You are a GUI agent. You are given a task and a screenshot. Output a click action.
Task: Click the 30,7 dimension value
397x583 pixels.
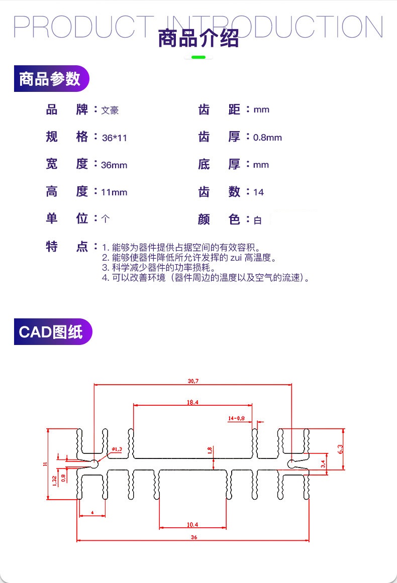pos(193,381)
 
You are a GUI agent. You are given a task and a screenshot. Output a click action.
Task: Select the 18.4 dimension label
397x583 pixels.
pos(192,402)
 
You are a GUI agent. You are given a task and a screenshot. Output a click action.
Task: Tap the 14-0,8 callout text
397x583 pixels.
pos(236,418)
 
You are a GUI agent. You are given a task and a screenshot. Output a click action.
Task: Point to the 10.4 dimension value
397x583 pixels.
pos(192,525)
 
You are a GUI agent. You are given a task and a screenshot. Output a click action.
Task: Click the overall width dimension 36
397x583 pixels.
pos(194,537)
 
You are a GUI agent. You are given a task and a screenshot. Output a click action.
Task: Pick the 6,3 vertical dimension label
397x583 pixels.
pos(340,448)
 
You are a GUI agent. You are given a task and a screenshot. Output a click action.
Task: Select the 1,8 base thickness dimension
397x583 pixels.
pos(210,450)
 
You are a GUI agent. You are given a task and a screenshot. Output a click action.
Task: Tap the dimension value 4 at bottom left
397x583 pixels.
pos(92,513)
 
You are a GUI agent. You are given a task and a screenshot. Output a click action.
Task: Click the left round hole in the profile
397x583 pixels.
pos(94,463)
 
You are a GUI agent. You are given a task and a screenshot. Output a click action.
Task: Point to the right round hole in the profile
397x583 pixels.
pos(291,463)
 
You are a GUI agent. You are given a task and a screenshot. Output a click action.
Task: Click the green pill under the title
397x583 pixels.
pos(198,57)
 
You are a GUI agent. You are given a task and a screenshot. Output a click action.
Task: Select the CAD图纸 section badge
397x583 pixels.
pos(52,332)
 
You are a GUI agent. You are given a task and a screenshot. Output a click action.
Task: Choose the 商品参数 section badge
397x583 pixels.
pos(50,79)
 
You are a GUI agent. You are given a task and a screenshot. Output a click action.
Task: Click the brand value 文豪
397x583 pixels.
pos(110,110)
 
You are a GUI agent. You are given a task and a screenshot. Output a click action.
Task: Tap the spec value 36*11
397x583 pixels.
pos(114,138)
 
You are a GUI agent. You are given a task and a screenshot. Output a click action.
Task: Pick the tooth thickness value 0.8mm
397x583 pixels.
pos(267,138)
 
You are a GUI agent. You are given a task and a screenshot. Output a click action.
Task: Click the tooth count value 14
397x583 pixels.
pos(259,192)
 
